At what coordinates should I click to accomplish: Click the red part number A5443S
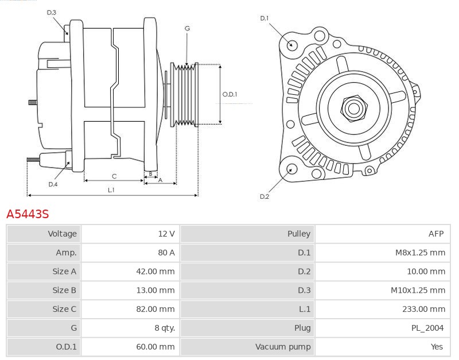point(28,214)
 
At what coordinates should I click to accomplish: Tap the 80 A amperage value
point(166,253)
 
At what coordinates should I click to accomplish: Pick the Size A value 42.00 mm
point(155,271)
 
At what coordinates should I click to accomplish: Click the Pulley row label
point(298,234)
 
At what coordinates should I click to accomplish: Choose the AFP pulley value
point(436,234)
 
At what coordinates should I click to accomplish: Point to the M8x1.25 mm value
point(420,253)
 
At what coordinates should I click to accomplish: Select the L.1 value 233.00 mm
point(423,309)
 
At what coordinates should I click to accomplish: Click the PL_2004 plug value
point(427,328)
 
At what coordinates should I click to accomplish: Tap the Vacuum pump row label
point(283,347)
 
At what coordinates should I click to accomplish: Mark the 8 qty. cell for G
point(165,328)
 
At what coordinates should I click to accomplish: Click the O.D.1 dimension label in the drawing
point(230,94)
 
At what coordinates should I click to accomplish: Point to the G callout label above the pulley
point(188,28)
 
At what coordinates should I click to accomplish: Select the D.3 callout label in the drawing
point(51,13)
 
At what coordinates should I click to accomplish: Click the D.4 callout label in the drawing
point(53,184)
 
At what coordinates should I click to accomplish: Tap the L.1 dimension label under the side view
point(111,190)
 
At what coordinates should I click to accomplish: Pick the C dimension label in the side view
point(114,176)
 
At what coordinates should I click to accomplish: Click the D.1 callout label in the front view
point(264,18)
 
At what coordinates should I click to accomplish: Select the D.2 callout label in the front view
point(264,196)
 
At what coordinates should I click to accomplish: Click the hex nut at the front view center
point(354,109)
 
